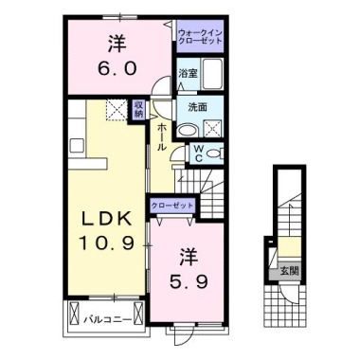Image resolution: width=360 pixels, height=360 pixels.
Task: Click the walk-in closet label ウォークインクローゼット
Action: pos(200,37)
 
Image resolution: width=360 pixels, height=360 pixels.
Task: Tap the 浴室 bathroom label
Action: pos(189,74)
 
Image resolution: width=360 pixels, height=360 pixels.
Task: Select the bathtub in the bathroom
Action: pos(212,74)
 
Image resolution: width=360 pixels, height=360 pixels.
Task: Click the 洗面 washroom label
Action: pos(197,108)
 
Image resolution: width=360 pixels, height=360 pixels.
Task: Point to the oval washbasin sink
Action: pos(188,131)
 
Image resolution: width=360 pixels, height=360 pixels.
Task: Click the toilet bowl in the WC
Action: pos(214,153)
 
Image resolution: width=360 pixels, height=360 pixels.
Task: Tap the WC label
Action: pos(198,153)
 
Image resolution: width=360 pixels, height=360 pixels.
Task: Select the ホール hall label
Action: pos(161,136)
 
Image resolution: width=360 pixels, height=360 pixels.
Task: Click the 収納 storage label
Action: pos(138,109)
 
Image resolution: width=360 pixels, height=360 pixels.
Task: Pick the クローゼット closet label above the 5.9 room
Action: pos(171,206)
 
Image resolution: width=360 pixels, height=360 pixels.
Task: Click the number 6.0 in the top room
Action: pos(117,68)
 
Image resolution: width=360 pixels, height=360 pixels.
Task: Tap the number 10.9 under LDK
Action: pos(107,243)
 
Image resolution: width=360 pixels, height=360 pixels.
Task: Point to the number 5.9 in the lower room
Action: pos(189,281)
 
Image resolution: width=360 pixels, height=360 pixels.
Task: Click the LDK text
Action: pos(107,219)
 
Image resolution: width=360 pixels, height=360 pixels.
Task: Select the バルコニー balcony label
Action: pos(107,320)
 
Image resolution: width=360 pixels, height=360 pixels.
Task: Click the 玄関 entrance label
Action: pos(289,271)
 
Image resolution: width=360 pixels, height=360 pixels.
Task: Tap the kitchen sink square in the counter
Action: pos(77,146)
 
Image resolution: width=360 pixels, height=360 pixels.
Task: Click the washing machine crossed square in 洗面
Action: pos(212,129)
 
